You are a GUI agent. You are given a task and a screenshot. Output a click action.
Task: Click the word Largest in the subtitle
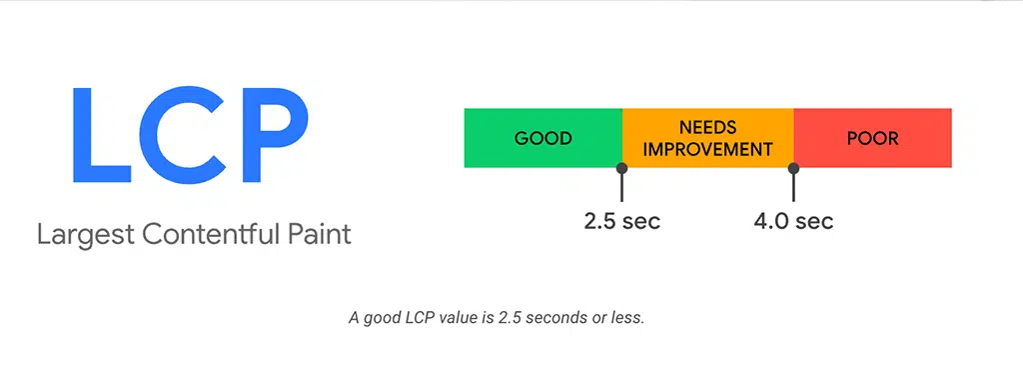pyautogui.click(x=85, y=236)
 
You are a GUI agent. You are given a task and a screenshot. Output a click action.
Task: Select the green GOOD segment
pyautogui.click(x=542, y=138)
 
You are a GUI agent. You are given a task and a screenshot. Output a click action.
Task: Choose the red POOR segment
pyautogui.click(x=872, y=138)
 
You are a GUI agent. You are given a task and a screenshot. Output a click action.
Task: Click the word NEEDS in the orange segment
pyautogui.click(x=707, y=127)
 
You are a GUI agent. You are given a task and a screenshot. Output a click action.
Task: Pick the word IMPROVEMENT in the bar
pyautogui.click(x=707, y=150)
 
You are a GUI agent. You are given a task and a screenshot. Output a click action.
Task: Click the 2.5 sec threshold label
pyautogui.click(x=622, y=220)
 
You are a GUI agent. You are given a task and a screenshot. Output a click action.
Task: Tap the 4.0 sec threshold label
pyautogui.click(x=793, y=220)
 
